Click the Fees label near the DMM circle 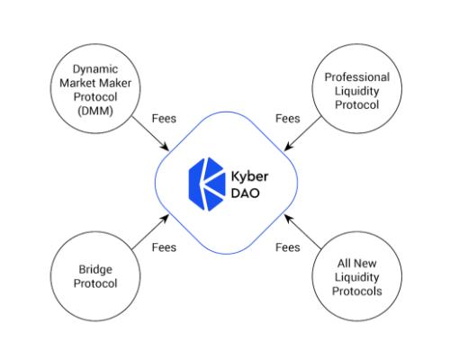pos(164,118)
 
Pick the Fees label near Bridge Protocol pos(164,247)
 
